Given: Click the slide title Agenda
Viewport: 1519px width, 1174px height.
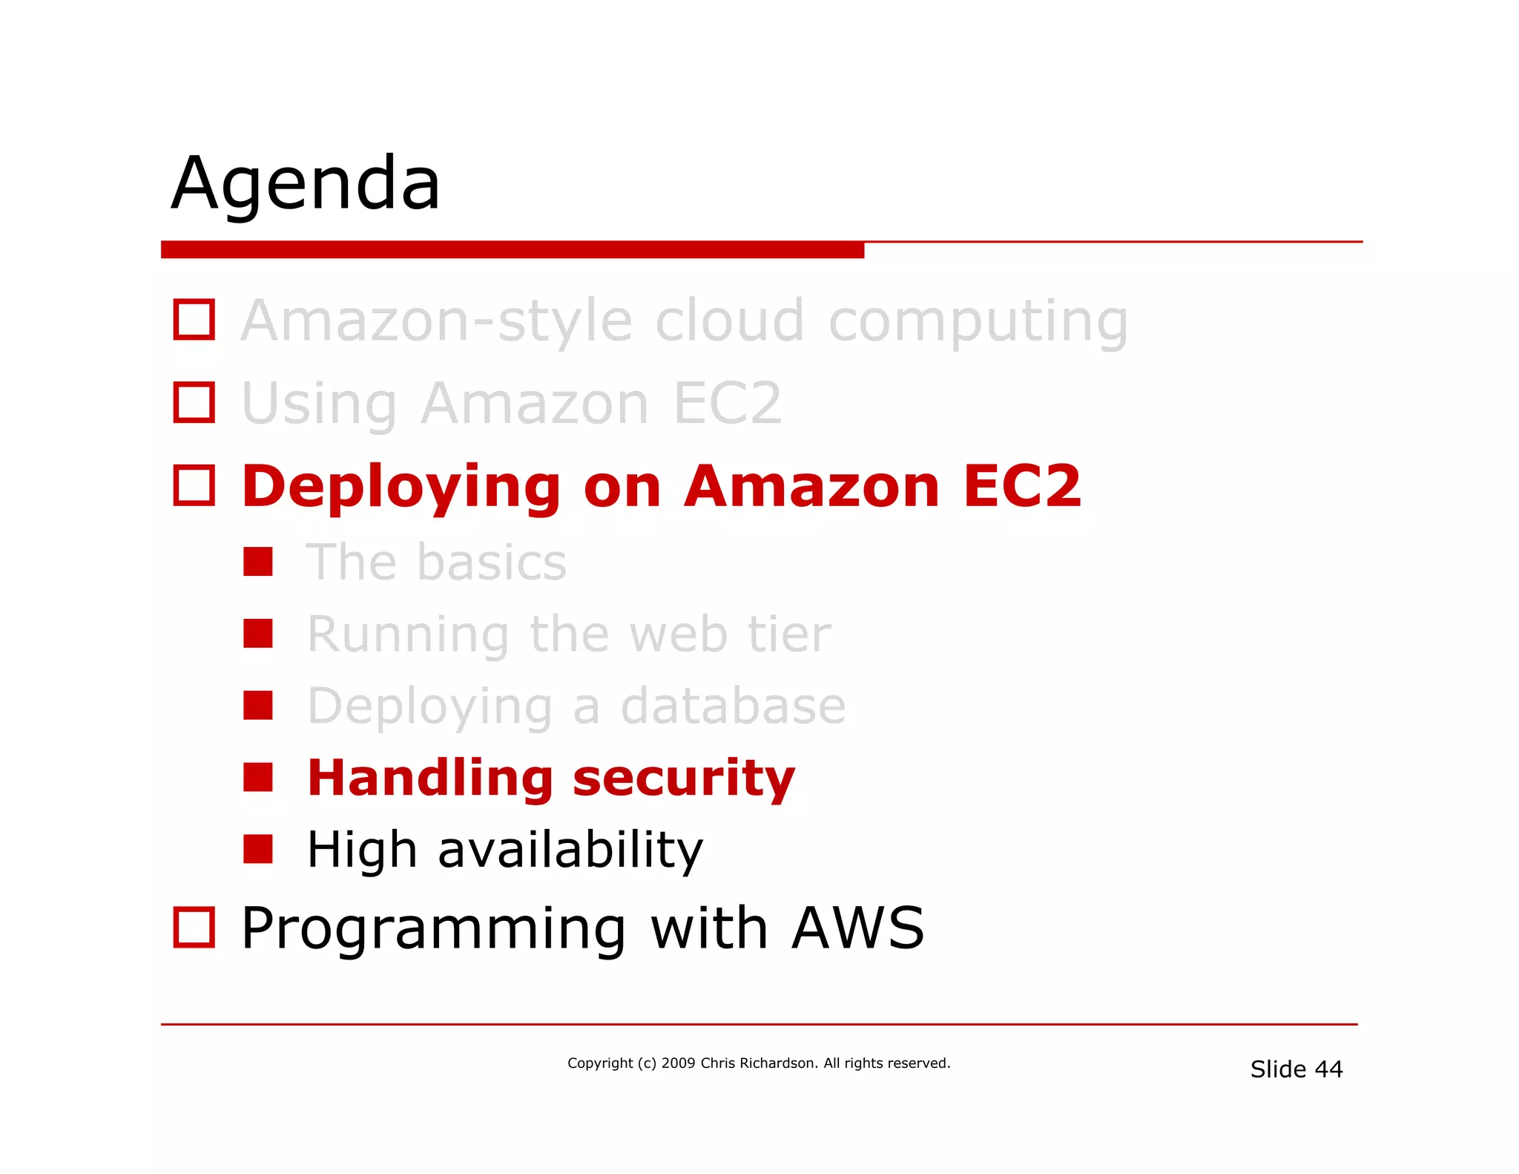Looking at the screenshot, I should (x=306, y=184).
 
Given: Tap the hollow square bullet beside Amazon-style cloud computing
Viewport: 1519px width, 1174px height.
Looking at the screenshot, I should (x=194, y=320).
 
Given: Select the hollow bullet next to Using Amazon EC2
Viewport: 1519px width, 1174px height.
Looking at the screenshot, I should (x=194, y=403).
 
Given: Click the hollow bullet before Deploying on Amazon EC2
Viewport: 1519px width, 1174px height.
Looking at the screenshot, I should (x=194, y=486).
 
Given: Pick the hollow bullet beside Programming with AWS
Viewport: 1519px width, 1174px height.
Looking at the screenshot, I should (x=194, y=928).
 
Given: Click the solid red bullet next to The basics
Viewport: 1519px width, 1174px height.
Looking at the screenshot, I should (x=258, y=562).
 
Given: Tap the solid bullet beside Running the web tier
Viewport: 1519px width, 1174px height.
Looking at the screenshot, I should (x=258, y=634).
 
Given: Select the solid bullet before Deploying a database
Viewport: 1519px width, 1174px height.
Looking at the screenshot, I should (x=258, y=706).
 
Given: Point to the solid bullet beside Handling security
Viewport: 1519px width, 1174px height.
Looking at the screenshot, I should (x=258, y=777).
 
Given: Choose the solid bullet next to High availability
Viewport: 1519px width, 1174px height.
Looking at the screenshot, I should (x=258, y=849).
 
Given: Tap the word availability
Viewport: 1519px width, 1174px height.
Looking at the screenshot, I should (x=570, y=850).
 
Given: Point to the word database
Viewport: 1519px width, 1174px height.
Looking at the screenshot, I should (x=733, y=706).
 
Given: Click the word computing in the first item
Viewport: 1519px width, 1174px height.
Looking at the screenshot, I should (x=978, y=322).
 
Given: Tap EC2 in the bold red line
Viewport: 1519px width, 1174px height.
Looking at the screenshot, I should (x=1022, y=486).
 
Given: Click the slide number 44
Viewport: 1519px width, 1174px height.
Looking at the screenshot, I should (x=1328, y=1069).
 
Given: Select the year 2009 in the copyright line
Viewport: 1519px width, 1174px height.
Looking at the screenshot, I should (x=678, y=1063).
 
